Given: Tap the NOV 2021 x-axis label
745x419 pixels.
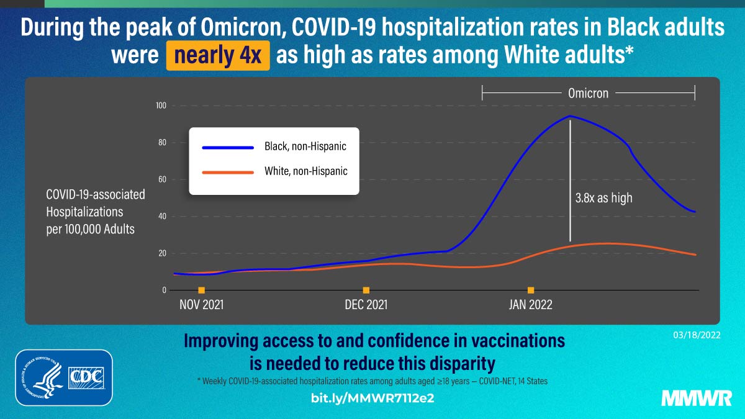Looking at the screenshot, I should [201, 305].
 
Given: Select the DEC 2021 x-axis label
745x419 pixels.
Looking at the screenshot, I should [366, 305].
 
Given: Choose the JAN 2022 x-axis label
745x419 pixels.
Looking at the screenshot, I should [530, 305].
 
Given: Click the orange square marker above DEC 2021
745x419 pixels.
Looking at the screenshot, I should [366, 290].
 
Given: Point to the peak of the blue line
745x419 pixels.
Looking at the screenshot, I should [569, 116].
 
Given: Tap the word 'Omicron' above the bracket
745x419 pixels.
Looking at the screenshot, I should [588, 93].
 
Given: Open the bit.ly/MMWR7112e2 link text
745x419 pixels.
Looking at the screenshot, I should [372, 398].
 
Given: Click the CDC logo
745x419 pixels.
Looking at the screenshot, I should [86, 377].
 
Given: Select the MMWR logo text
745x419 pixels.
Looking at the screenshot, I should [695, 398].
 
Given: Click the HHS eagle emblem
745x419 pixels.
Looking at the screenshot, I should [41, 377].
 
